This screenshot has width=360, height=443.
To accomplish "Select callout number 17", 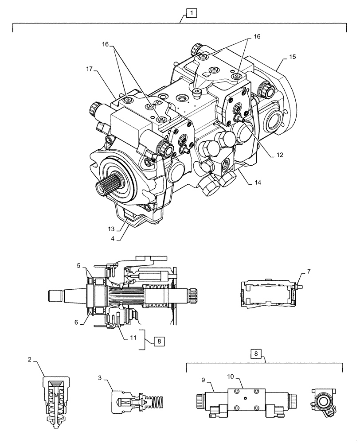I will pos(90,69).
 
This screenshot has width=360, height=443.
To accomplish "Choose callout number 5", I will pos(78,266).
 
